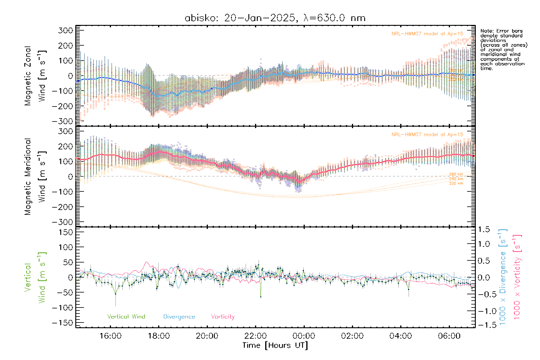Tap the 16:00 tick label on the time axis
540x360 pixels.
[110, 336]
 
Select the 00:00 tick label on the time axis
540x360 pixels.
[304, 336]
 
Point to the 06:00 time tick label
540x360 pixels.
[449, 336]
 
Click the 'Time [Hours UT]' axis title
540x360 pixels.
[275, 345]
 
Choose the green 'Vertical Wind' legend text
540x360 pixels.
[126, 316]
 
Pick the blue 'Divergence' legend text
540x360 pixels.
[179, 316]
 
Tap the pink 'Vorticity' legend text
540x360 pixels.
[223, 316]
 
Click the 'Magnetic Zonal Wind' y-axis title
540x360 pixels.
[35, 76]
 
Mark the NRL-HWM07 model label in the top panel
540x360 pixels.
[427, 34]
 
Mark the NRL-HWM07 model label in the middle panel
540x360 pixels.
[427, 135]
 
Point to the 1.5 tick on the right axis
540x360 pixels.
[484, 229]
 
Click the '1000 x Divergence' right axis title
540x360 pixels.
[503, 277]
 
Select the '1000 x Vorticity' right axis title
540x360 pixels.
[517, 277]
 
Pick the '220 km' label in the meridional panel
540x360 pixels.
[456, 183]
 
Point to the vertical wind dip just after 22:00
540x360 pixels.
[261, 297]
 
